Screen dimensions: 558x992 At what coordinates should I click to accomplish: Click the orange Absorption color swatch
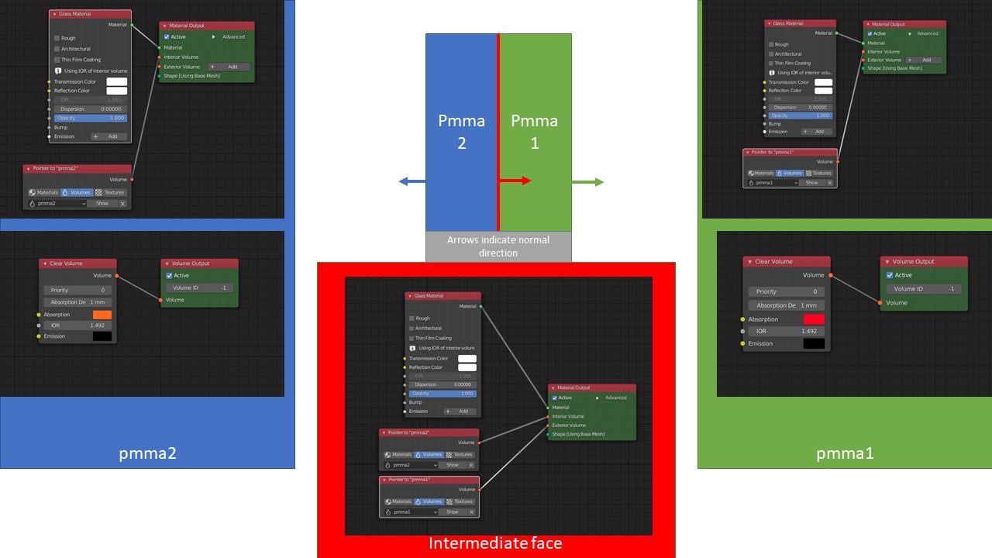[x=102, y=315]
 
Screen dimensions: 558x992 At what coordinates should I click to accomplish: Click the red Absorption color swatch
[x=814, y=319]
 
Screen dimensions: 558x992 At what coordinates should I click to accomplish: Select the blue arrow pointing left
[x=412, y=181]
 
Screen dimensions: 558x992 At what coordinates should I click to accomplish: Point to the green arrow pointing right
[x=588, y=181]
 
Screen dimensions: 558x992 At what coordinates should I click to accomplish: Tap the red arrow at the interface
[x=515, y=181]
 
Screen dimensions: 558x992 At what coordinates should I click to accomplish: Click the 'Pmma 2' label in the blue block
[x=462, y=132]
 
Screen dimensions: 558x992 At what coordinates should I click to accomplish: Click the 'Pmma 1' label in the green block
[x=534, y=132]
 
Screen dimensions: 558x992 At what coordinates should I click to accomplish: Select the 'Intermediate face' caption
[x=495, y=543]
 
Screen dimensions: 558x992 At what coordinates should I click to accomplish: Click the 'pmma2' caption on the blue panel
[x=147, y=453]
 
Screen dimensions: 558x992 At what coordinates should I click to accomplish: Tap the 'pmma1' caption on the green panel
[x=845, y=453]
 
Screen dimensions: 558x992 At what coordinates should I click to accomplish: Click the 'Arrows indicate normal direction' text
[x=498, y=246]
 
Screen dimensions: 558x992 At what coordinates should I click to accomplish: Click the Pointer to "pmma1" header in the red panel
[x=429, y=480]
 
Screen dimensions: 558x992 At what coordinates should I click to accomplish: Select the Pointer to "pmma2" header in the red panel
[x=429, y=432]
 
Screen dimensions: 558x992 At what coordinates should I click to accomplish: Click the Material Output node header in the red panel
[x=592, y=387]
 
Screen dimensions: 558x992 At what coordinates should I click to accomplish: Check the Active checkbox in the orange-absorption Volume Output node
[x=169, y=275]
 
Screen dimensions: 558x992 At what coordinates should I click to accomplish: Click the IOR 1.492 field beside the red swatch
[x=786, y=331]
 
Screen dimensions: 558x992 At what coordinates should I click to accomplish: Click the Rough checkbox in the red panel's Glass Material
[x=412, y=319]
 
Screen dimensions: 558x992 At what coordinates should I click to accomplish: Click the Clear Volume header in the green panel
[x=786, y=262]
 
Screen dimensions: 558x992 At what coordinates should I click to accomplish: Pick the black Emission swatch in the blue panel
[x=102, y=336]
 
